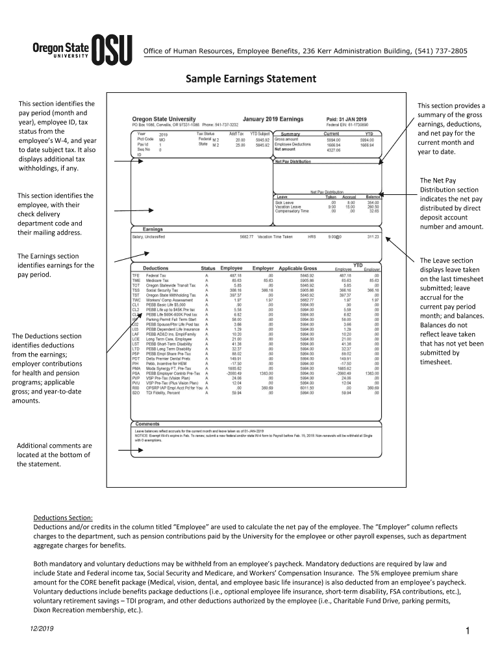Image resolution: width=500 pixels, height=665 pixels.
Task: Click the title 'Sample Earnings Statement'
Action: click(251, 79)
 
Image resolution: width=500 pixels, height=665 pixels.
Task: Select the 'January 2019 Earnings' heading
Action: click(273, 119)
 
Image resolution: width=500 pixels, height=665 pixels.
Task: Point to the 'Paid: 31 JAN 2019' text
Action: click(347, 119)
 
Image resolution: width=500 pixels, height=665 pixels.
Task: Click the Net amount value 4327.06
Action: click(334, 149)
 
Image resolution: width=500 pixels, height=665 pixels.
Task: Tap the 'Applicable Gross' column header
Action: click(297, 268)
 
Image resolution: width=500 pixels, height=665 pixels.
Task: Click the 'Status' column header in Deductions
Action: click(208, 268)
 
